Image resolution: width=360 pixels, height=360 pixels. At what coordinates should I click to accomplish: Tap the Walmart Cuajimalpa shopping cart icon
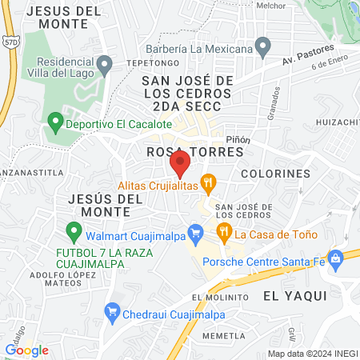[x=194, y=233]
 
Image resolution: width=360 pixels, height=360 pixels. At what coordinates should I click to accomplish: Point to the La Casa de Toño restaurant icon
[x=225, y=233]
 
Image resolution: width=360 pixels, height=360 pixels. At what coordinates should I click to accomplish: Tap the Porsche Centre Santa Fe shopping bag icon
[x=336, y=257]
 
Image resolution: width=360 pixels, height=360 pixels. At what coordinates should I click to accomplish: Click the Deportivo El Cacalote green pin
[x=55, y=124]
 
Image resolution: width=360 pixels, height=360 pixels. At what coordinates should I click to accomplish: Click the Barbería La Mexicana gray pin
[x=262, y=49]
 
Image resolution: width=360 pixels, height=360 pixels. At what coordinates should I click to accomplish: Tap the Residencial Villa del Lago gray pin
[x=103, y=63]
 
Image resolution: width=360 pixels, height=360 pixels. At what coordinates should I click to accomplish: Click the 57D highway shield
[x=10, y=42]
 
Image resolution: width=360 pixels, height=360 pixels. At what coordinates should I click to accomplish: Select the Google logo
[x=26, y=350]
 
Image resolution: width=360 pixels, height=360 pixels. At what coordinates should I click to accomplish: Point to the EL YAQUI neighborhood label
[x=295, y=295]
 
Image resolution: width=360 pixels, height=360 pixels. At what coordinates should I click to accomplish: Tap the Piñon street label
[x=238, y=138]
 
